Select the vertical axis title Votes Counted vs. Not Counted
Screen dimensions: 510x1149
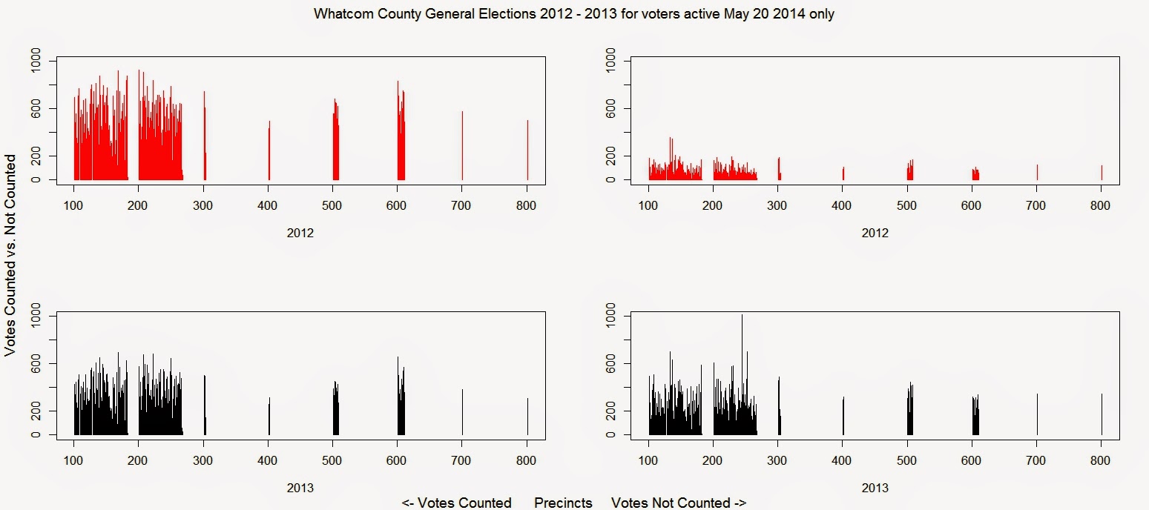(11, 255)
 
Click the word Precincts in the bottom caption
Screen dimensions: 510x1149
(563, 503)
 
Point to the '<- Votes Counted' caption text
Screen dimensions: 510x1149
(456, 503)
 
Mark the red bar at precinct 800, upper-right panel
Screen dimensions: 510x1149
(1102, 172)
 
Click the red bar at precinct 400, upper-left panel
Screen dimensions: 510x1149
(269, 152)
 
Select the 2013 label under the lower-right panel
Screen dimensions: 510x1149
(875, 488)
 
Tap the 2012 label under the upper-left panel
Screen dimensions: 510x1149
(300, 233)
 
